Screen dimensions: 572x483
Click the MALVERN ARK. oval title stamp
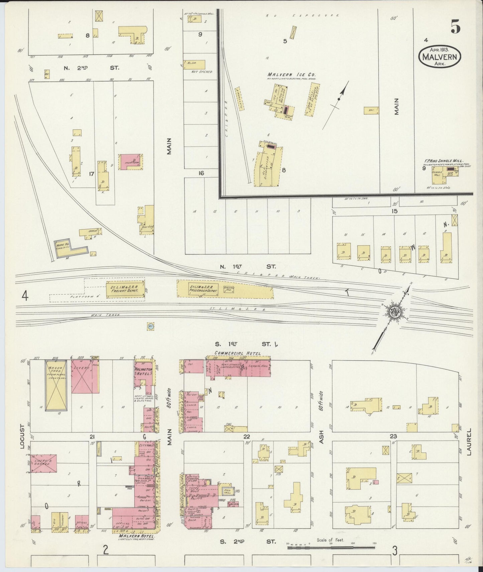[x=440, y=56]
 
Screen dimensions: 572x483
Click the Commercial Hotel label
[x=237, y=353]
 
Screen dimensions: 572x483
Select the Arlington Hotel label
[x=143, y=371]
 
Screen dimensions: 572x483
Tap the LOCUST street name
[x=22, y=437]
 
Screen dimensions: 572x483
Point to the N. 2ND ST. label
[x=91, y=68]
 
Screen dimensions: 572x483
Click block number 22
[x=247, y=436]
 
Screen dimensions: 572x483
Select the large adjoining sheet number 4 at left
[x=24, y=296]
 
